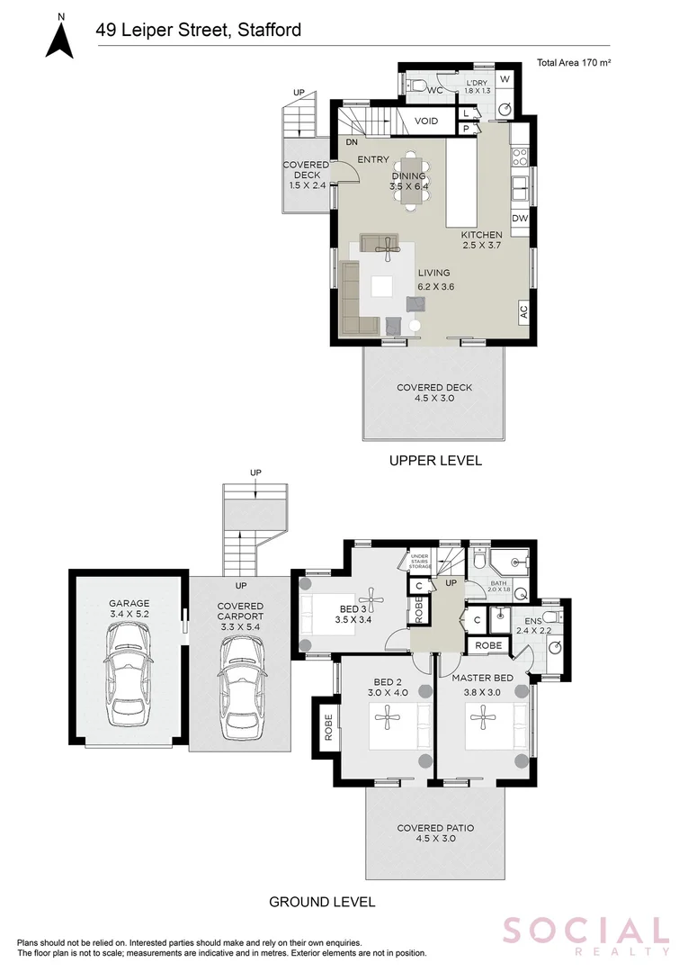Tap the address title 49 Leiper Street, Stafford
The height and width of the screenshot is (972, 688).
click(199, 31)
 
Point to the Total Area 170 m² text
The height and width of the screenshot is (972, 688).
click(573, 63)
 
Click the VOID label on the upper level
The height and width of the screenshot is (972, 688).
click(426, 121)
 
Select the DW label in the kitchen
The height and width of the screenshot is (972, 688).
click(520, 219)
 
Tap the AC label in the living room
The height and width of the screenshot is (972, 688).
click(523, 312)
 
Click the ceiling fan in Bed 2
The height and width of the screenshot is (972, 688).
click(388, 717)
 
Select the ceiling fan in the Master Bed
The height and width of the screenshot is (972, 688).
click(482, 717)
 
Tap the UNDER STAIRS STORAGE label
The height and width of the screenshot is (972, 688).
click(421, 562)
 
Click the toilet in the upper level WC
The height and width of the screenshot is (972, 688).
click(415, 85)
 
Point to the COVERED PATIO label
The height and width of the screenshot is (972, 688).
click(435, 832)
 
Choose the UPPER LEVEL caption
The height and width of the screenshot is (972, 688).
click(435, 460)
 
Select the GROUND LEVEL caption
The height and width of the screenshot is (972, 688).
click(322, 901)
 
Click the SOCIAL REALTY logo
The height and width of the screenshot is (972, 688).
click(585, 934)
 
